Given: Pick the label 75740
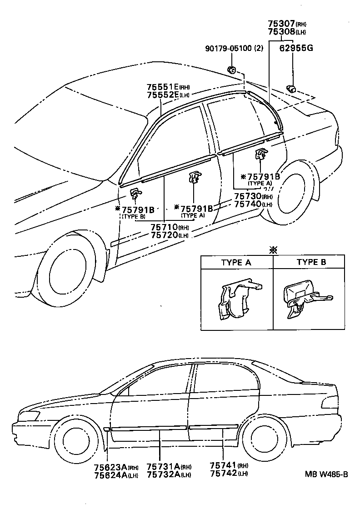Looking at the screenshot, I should click(x=248, y=205).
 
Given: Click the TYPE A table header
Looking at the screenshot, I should click(x=236, y=262).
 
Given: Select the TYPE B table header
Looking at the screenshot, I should click(x=311, y=262).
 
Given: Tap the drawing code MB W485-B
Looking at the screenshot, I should click(x=326, y=474).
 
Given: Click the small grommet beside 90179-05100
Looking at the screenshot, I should click(x=231, y=70).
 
